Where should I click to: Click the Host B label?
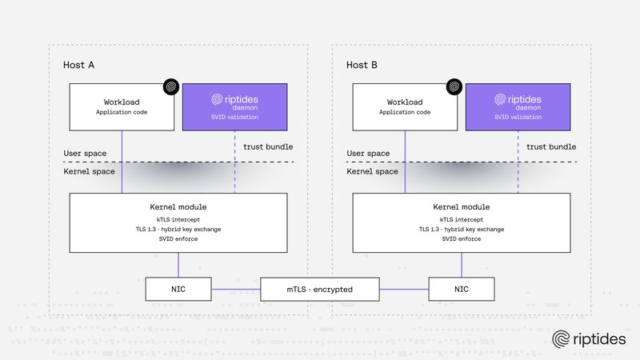362,64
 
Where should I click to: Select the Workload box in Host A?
122,106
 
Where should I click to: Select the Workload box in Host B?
404,106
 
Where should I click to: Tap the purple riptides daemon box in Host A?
235,106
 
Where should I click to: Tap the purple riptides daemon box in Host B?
518,106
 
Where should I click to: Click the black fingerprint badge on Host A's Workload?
170,86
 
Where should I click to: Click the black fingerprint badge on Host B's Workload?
454,86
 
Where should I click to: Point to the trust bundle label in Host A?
268,146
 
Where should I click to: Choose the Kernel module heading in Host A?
178,206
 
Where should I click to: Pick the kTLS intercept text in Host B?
461,218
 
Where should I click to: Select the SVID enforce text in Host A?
178,239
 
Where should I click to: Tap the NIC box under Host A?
178,289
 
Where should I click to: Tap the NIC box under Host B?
461,289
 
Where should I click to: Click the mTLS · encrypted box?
320,289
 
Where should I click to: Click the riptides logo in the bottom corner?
589,340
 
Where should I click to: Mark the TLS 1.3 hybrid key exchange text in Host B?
461,229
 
